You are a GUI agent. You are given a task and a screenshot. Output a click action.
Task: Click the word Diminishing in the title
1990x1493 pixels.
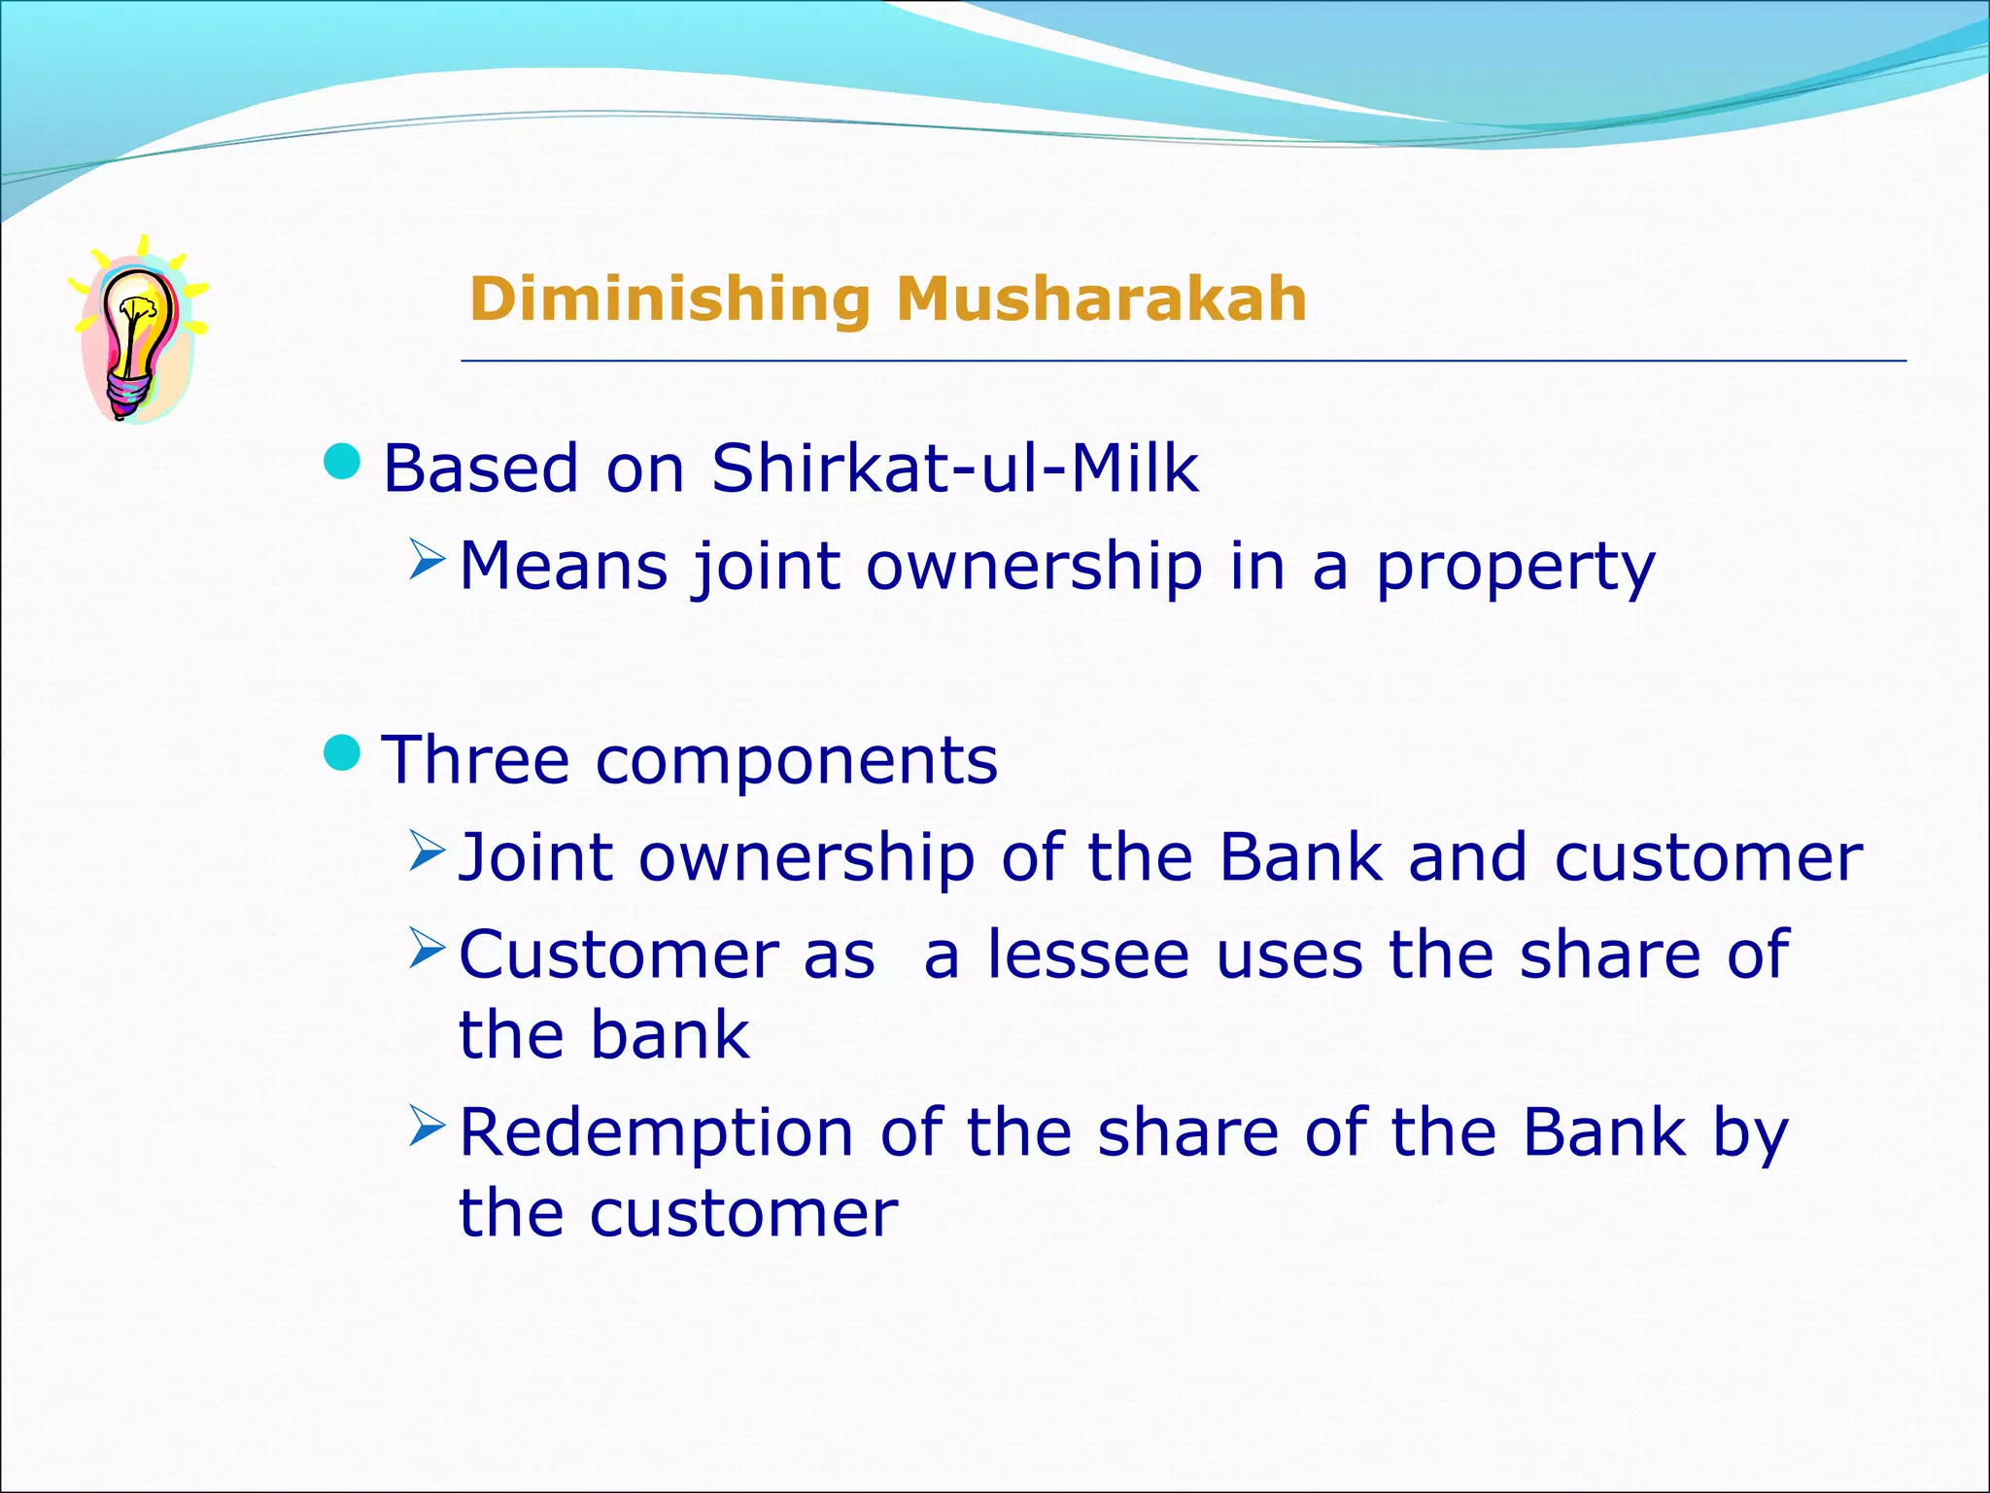(669, 298)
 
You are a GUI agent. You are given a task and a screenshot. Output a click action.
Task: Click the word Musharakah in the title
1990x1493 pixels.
(1101, 298)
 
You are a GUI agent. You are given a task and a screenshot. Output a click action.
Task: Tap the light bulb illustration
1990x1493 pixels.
(136, 330)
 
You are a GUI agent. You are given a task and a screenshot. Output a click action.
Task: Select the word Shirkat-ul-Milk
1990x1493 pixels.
(955, 469)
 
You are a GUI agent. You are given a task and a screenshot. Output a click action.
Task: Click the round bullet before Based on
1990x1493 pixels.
(341, 462)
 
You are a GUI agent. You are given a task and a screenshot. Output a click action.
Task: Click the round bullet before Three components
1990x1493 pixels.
(341, 752)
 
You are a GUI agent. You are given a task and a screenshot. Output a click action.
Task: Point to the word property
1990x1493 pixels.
(1515, 568)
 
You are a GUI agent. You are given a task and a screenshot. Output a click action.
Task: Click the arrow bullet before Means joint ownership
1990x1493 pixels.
(427, 559)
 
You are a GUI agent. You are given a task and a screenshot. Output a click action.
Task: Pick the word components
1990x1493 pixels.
(797, 761)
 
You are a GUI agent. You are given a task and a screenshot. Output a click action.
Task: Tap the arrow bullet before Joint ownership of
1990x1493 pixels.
(427, 851)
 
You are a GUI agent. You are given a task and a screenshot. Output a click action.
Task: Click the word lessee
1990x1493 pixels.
(1088, 955)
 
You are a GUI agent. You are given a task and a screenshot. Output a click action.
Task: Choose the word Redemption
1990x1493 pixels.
(657, 1133)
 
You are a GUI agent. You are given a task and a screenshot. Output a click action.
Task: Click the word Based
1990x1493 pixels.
(481, 469)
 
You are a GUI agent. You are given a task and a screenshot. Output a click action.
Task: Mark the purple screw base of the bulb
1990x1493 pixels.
(128, 394)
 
